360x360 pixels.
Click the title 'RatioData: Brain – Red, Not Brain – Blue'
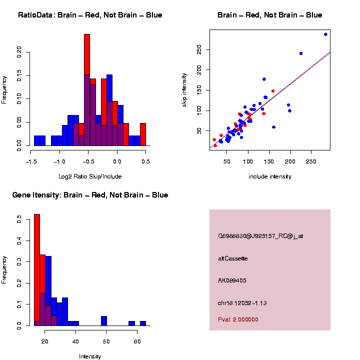[90, 15]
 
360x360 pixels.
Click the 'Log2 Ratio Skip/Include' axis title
[89, 176]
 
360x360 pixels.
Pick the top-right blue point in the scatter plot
[325, 34]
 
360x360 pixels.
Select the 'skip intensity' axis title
[184, 89]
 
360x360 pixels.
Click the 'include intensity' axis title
[270, 176]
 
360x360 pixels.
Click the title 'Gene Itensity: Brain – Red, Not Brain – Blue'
[90, 195]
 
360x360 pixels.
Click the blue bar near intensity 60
[104, 320]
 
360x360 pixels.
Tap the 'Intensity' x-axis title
[90, 356]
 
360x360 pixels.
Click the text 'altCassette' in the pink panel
[232, 258]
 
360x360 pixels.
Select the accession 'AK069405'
[232, 280]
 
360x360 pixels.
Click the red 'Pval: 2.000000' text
[238, 319]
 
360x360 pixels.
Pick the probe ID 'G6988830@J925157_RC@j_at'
[260, 236]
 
